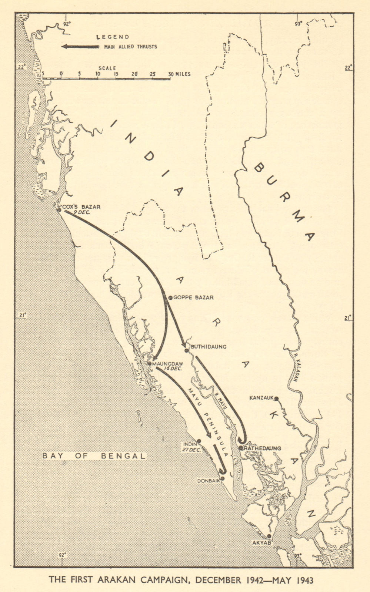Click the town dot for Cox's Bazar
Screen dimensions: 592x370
point(59,210)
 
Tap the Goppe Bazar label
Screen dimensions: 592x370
point(193,297)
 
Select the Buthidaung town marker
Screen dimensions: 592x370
point(186,350)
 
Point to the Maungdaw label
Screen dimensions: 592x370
point(168,364)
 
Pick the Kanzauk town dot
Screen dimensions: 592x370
point(276,398)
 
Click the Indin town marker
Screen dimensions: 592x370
point(199,441)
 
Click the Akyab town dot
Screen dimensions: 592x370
point(269,536)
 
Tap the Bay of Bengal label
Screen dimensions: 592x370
point(94,456)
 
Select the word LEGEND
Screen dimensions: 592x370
point(113,37)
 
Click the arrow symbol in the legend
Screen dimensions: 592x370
point(80,47)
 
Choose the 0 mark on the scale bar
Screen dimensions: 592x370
point(61,74)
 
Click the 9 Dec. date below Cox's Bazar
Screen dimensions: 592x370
point(81,212)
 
